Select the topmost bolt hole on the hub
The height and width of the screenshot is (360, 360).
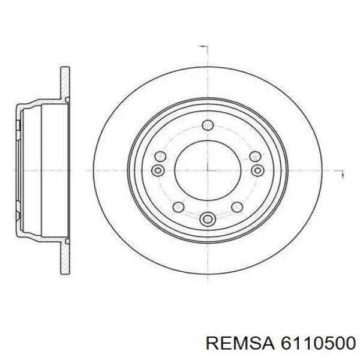[208, 125]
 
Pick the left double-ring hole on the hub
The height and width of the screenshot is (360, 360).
[159, 171]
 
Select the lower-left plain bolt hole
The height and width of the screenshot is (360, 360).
[178, 207]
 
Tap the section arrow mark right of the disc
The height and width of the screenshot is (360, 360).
[340, 174]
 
